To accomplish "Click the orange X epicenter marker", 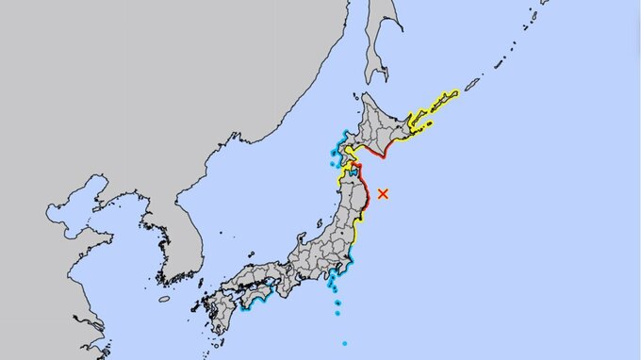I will pos(382,193).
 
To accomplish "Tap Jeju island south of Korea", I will pos(164,299).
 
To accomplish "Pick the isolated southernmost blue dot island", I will pos(344,342).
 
